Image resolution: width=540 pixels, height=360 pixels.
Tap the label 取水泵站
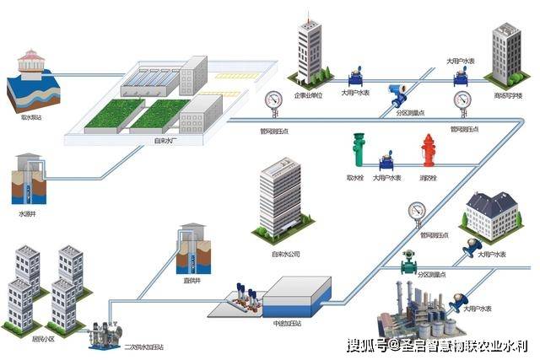point(32,118)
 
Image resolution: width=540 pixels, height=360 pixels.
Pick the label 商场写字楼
point(508,95)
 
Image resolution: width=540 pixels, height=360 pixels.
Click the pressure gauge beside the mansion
point(415,210)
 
